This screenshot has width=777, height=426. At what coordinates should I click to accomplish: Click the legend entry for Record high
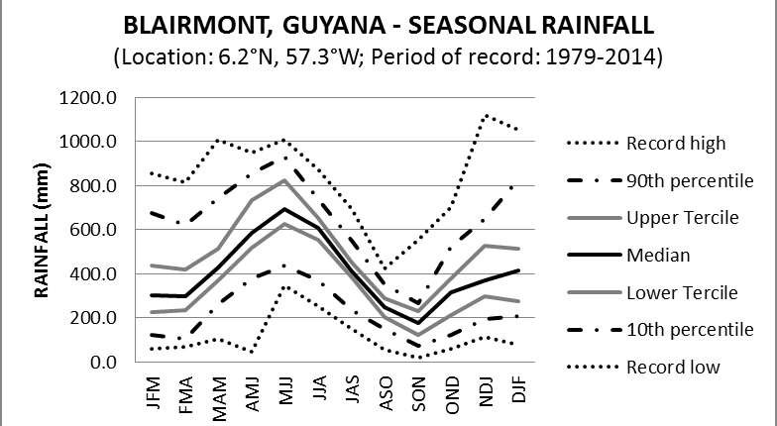tap(677, 143)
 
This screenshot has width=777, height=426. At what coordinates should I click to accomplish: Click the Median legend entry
tap(657, 255)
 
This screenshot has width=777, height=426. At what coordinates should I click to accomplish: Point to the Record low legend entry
tap(673, 367)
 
